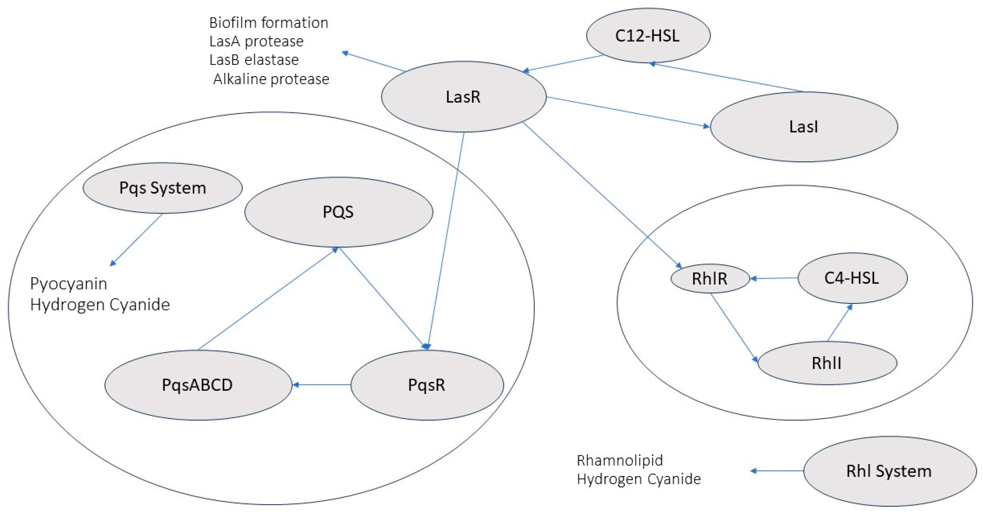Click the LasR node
coord(463,97)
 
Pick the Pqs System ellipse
coord(163,188)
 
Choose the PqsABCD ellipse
coord(198,385)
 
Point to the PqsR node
coord(427,385)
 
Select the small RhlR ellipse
coord(710,279)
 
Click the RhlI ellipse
coord(826,363)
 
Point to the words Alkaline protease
coord(271,79)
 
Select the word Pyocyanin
coord(69,284)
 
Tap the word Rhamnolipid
coord(620,461)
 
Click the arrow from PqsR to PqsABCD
coord(322,385)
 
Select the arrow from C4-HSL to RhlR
coord(774,278)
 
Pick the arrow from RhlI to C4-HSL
coord(839,323)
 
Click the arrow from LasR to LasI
coord(628,112)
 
